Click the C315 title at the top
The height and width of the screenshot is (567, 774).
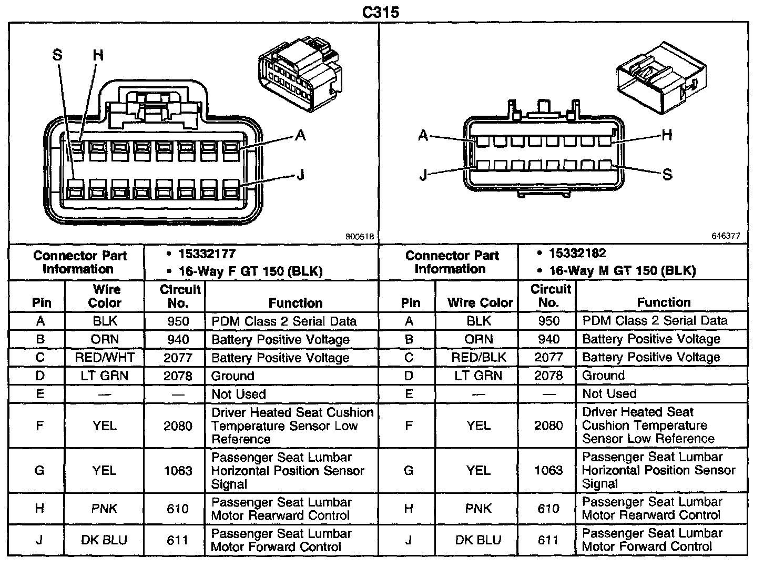coord(381,12)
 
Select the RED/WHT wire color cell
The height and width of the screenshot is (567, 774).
coord(105,358)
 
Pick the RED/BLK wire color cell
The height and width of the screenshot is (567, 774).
coord(478,358)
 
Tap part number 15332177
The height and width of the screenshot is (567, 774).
coord(207,255)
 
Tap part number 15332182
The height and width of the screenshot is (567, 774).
coord(578,254)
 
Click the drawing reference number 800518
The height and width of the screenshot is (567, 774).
coord(360,237)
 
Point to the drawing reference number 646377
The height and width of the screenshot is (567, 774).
coord(726,236)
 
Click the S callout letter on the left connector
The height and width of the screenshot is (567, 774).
coord(57,55)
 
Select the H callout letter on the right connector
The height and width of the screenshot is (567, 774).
coord(667,135)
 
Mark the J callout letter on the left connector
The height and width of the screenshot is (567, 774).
coord(300,175)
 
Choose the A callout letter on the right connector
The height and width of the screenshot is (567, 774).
coord(423,135)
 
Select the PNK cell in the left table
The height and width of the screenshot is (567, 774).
coord(104,509)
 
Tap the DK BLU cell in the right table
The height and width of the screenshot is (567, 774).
coord(478,540)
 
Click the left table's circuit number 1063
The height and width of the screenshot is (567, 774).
coord(178,471)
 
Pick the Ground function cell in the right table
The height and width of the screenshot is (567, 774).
coord(604,376)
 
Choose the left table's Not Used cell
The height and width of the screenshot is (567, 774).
coord(239,394)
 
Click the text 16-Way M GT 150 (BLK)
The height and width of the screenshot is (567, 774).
coord(623,271)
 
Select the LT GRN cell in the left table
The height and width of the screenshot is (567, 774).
coord(105,376)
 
